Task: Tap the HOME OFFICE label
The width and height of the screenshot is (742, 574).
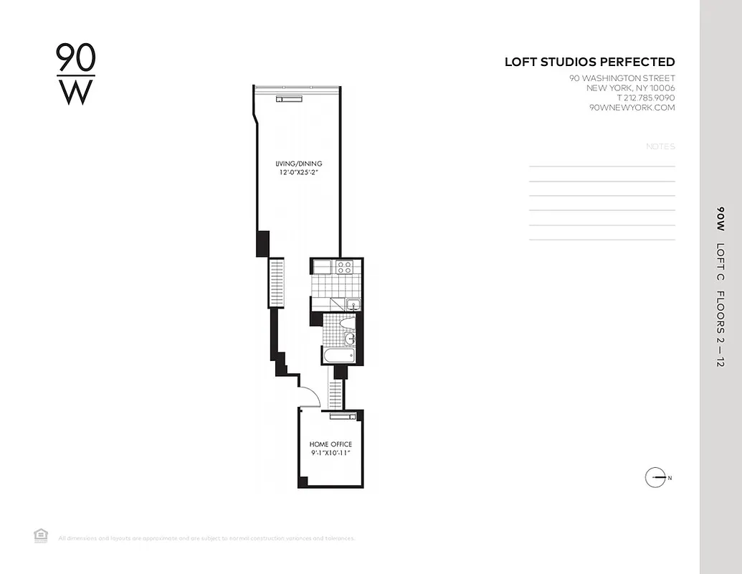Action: [330, 445]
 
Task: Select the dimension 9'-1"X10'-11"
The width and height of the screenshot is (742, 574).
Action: [330, 453]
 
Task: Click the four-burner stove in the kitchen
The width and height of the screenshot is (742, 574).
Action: [344, 267]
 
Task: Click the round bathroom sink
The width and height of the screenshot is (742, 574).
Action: [349, 338]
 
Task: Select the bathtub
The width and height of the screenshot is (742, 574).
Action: [338, 356]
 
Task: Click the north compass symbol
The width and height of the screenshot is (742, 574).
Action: [655, 477]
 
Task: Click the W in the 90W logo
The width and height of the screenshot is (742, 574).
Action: [75, 92]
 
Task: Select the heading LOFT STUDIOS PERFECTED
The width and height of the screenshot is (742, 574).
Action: [589, 62]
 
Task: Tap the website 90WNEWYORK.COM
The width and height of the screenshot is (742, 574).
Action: [632, 108]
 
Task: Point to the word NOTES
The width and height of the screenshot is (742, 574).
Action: [660, 146]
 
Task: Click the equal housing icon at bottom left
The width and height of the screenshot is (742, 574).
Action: [41, 535]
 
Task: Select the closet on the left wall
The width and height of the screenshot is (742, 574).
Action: [276, 283]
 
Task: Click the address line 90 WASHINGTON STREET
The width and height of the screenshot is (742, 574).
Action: [622, 78]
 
